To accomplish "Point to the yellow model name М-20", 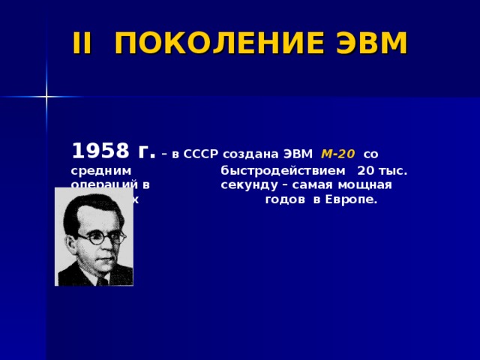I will coord(337,154).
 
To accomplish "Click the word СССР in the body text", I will coord(204,154).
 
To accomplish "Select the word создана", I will coord(254,154).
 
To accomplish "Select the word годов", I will coord(285,201).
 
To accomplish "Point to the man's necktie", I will coord(101,280).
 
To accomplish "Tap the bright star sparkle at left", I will coord(46,97).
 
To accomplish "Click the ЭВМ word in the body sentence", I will coord(301,154).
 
